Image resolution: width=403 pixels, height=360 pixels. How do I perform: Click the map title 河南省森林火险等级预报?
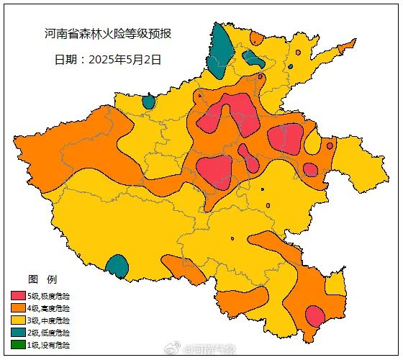108,34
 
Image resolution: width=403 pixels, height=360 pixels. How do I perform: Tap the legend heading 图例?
42,279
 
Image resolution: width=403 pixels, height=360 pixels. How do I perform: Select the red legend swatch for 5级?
18,296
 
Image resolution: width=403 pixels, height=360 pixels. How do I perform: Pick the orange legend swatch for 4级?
18,308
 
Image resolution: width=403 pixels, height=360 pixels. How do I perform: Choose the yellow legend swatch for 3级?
18,320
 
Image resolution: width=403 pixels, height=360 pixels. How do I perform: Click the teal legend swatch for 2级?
18,333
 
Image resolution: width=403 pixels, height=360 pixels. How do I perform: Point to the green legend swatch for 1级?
18,345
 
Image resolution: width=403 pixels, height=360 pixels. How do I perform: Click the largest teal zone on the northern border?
219,49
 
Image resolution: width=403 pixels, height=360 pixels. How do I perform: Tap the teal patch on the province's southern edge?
117,266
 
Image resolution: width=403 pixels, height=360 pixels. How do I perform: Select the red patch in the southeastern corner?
314,315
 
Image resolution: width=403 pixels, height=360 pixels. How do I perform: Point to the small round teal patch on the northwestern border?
148,102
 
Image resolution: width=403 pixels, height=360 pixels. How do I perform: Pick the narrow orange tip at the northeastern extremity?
347,45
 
